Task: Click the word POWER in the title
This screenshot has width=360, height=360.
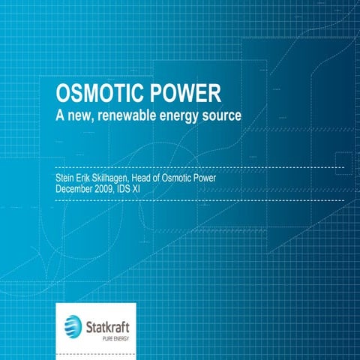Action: click(183, 95)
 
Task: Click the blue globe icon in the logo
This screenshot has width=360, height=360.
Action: click(73, 326)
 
